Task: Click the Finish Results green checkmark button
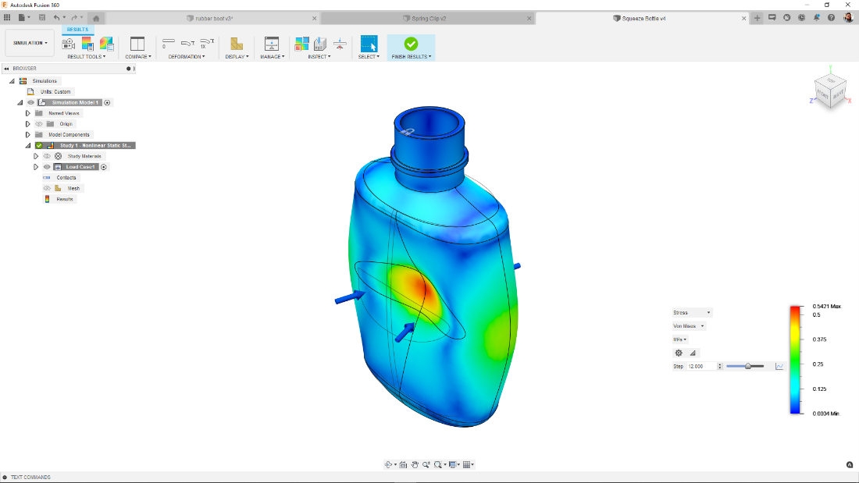411,44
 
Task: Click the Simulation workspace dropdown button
30,43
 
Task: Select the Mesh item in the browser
73,188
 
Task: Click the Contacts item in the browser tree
66,177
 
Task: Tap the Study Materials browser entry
84,156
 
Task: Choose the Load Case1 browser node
80,167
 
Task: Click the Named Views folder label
64,113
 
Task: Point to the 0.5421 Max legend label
826,306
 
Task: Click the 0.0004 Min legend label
826,413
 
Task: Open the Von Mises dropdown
690,326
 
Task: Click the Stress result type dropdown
692,312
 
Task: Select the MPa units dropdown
680,339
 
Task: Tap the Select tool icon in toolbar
369,44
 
